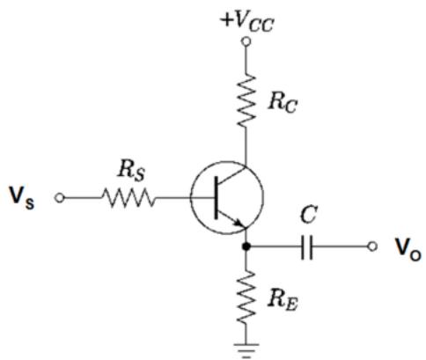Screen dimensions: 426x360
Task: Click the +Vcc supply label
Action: click(x=248, y=21)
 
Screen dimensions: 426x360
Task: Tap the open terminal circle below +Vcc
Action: click(x=246, y=42)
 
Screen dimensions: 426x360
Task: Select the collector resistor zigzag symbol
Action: click(x=246, y=100)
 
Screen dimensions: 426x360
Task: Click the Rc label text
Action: click(x=283, y=102)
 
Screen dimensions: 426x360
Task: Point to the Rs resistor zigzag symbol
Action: click(x=128, y=198)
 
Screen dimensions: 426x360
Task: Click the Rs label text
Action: click(x=131, y=171)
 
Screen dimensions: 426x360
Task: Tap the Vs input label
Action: click(x=21, y=198)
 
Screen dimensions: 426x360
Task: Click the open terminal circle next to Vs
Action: click(x=59, y=198)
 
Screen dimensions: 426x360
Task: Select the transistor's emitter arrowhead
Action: click(x=239, y=223)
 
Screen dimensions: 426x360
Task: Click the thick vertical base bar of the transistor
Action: click(x=217, y=197)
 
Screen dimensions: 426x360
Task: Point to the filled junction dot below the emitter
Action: click(x=246, y=246)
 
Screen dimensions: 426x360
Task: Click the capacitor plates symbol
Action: click(x=307, y=246)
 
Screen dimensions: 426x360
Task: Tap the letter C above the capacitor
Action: click(x=309, y=215)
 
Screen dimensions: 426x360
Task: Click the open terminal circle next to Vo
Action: click(x=372, y=246)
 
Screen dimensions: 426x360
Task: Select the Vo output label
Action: click(x=408, y=250)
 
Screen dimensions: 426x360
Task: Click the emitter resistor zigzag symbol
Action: click(x=246, y=298)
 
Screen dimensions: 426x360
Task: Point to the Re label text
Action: click(x=283, y=301)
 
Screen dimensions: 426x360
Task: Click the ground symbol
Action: click(x=246, y=350)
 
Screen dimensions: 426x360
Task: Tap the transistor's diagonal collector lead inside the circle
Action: click(x=231, y=175)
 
